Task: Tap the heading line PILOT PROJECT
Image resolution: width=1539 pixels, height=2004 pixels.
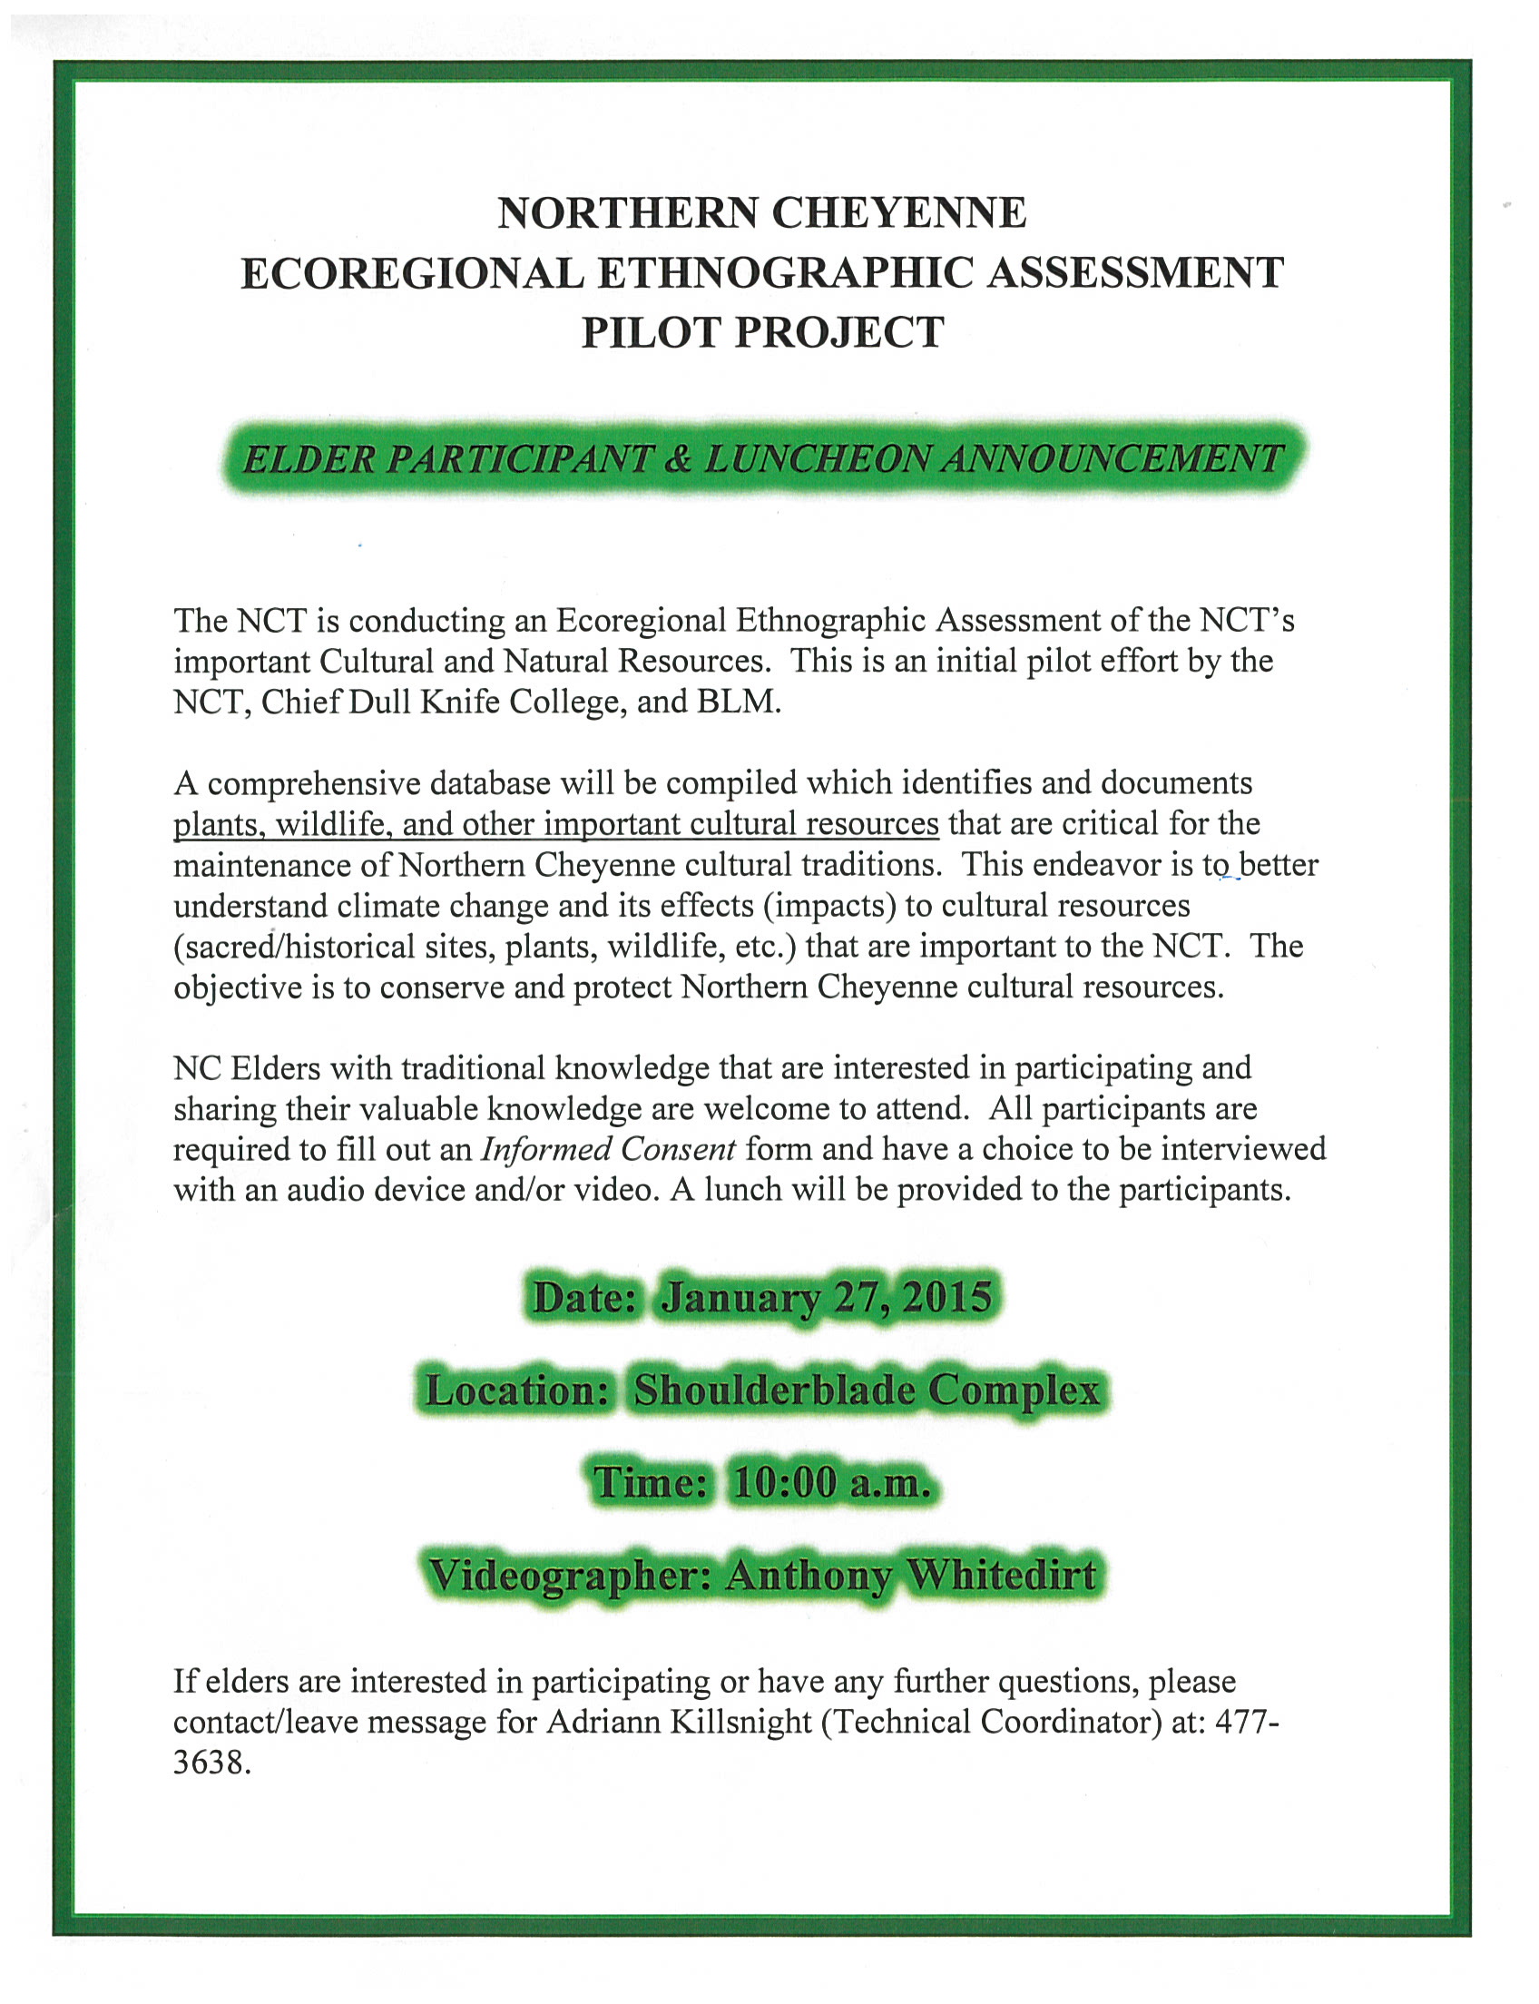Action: [x=762, y=332]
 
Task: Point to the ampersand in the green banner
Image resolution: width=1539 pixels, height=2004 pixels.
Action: [x=679, y=459]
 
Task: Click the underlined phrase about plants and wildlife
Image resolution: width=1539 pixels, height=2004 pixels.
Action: [x=556, y=824]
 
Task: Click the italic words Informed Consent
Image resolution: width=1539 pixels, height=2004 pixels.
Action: [x=608, y=1149]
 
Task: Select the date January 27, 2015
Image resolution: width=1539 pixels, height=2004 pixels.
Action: [x=827, y=1298]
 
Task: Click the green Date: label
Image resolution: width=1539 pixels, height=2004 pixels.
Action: [x=584, y=1298]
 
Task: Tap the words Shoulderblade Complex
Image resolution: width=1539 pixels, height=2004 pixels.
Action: [x=866, y=1390]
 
